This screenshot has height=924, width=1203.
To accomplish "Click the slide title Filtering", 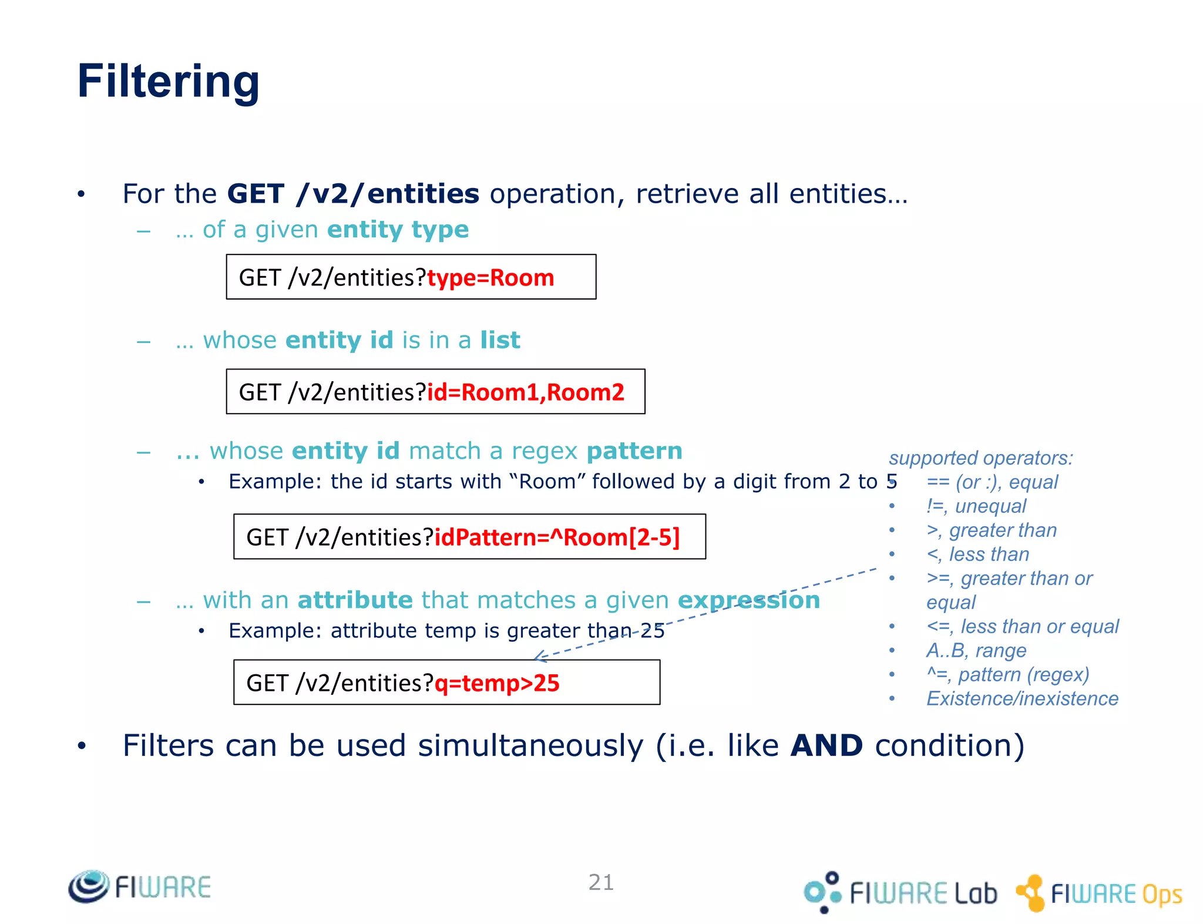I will tap(169, 82).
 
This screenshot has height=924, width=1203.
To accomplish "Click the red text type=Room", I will tap(490, 278).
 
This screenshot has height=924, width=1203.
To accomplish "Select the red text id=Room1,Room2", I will tap(525, 392).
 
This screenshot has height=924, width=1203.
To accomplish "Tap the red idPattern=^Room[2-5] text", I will tap(556, 537).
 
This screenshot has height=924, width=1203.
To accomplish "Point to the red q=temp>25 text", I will tap(496, 683).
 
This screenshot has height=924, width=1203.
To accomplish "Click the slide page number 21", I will tap(601, 882).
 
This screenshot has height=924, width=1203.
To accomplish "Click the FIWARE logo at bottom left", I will tap(140, 886).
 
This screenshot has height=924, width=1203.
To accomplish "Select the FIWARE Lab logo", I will tap(900, 892).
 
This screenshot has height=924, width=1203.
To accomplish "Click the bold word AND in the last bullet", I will tap(826, 746).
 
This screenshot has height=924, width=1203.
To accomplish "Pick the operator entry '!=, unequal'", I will tap(976, 506).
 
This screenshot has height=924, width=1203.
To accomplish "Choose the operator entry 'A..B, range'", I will tap(976, 651).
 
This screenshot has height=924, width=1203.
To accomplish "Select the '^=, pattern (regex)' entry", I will tap(1007, 675).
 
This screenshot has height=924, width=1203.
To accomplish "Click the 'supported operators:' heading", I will tap(980, 458).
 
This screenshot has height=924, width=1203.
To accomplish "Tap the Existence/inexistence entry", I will tap(1021, 699).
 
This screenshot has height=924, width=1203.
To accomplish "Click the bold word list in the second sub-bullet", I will tap(500, 340).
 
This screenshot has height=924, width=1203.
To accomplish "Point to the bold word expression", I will tap(748, 600).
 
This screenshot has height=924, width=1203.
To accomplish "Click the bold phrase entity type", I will tap(398, 230).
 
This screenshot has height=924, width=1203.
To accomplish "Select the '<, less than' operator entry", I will tap(977, 555).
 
